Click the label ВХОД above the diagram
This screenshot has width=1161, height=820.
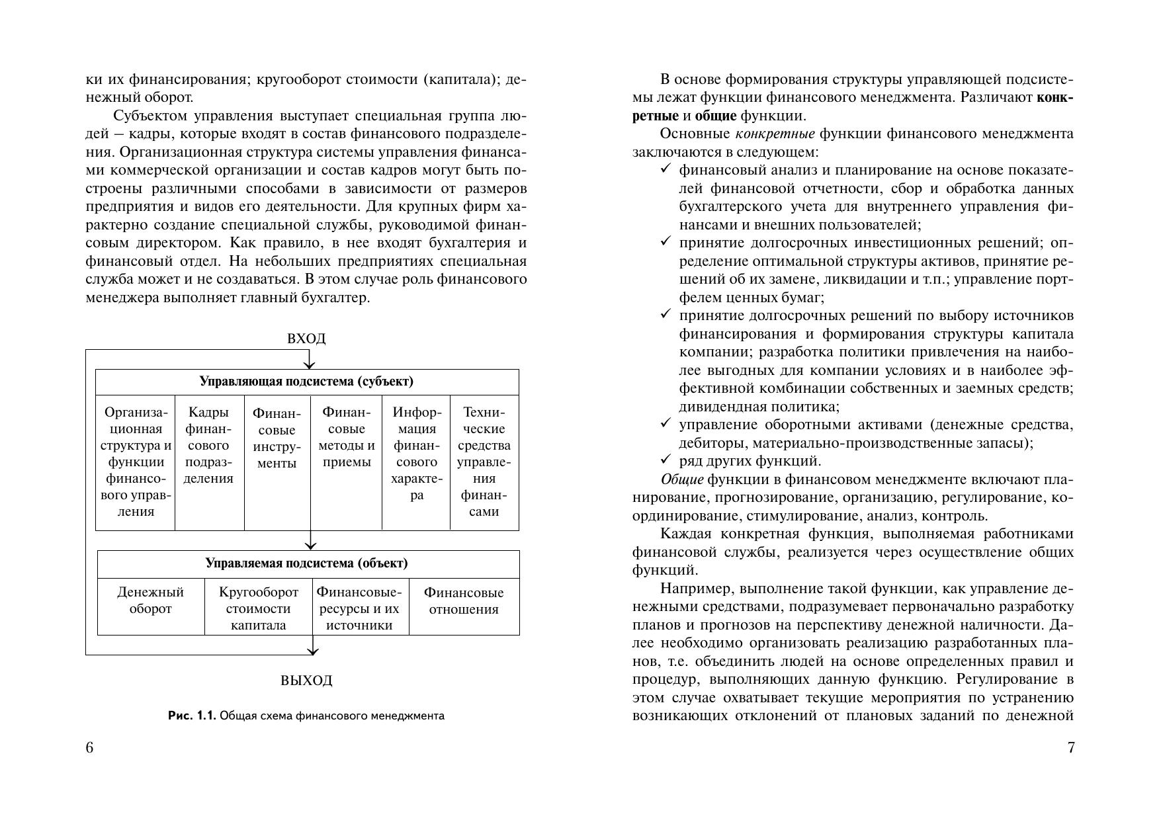pyautogui.click(x=306, y=339)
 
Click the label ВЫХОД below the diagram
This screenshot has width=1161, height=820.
pyautogui.click(x=306, y=680)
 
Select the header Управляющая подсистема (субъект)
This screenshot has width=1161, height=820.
pyautogui.click(x=306, y=382)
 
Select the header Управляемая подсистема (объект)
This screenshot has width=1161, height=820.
pyautogui.click(x=306, y=563)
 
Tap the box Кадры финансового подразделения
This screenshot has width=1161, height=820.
pyautogui.click(x=208, y=445)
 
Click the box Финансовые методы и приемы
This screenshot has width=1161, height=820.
pyautogui.click(x=347, y=437)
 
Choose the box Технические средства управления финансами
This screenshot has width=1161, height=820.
pyautogui.click(x=484, y=462)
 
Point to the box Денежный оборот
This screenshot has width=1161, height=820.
pyautogui.click(x=151, y=600)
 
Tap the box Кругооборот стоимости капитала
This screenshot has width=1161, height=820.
pyautogui.click(x=259, y=608)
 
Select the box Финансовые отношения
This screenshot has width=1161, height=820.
pyautogui.click(x=464, y=600)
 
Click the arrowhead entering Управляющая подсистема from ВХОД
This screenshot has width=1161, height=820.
pyautogui.click(x=308, y=365)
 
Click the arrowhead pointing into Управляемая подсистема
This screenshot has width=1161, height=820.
pyautogui.click(x=310, y=546)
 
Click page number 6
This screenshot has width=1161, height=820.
pyautogui.click(x=90, y=748)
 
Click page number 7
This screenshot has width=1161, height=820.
pyautogui.click(x=1071, y=748)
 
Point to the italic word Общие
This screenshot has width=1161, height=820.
pyautogui.click(x=681, y=479)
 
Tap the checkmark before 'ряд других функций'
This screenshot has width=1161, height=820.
pyautogui.click(x=666, y=460)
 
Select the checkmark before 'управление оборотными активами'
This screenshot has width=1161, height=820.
pyautogui.click(x=666, y=424)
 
